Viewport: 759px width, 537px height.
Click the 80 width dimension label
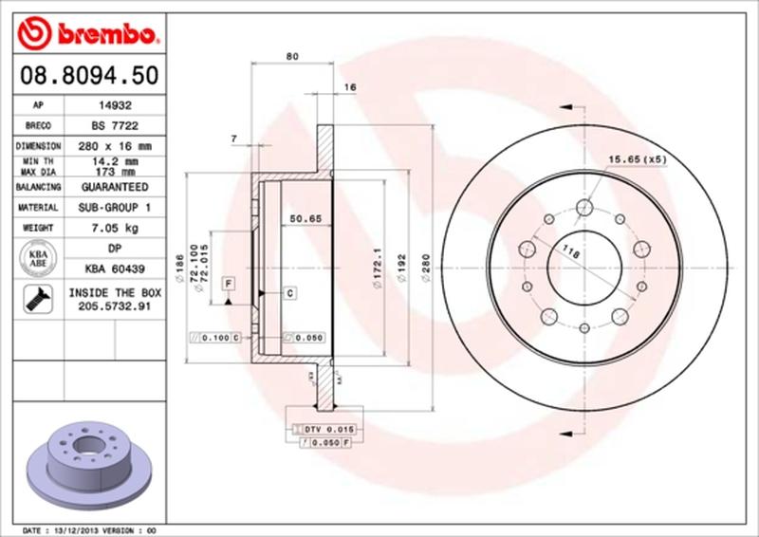tap(292, 57)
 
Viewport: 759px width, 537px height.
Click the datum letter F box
tap(229, 283)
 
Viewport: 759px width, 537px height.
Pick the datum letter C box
tap(288, 292)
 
